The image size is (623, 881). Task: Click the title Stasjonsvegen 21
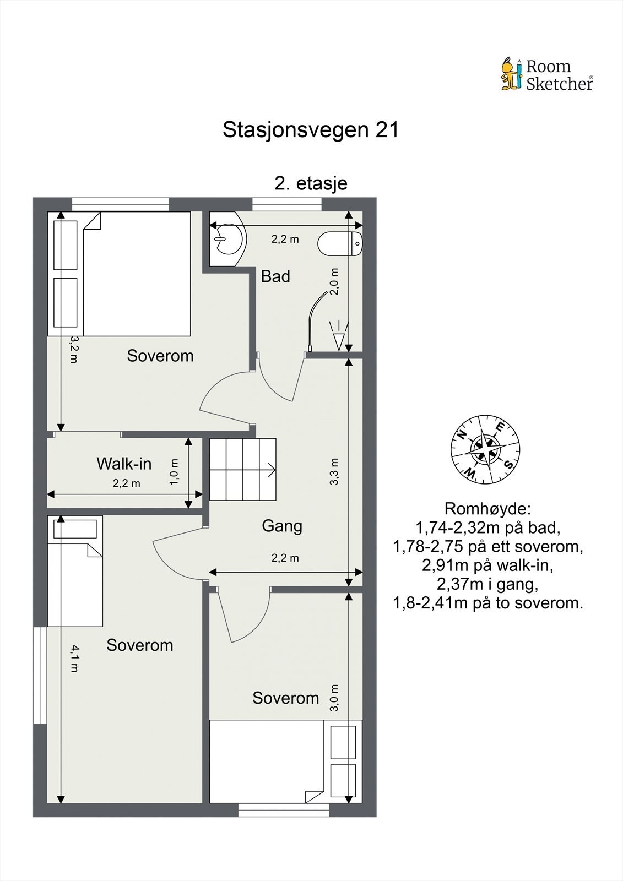[x=310, y=130]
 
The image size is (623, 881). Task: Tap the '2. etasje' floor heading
[x=311, y=183]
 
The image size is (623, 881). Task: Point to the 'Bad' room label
[x=275, y=276]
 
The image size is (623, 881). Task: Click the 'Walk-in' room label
[x=124, y=464]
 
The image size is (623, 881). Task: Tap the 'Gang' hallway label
[x=282, y=526]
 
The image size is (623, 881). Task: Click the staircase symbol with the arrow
[x=242, y=469]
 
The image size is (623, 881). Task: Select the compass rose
[x=485, y=450]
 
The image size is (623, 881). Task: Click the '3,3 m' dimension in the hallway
[x=334, y=471]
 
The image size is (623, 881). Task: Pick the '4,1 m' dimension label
[x=74, y=660]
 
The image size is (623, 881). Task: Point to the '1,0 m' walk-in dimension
[x=174, y=472]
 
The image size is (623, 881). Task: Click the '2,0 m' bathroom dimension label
[x=334, y=282]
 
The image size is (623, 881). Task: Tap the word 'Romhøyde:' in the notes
[x=487, y=508]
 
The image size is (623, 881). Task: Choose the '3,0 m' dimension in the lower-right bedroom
[x=334, y=698]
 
